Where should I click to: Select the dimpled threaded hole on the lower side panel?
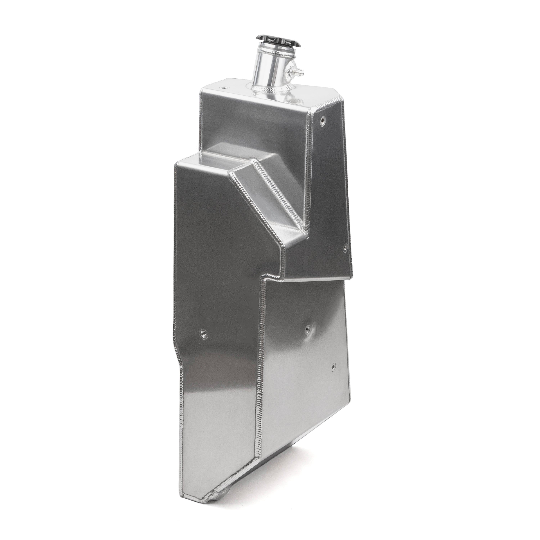307,329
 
